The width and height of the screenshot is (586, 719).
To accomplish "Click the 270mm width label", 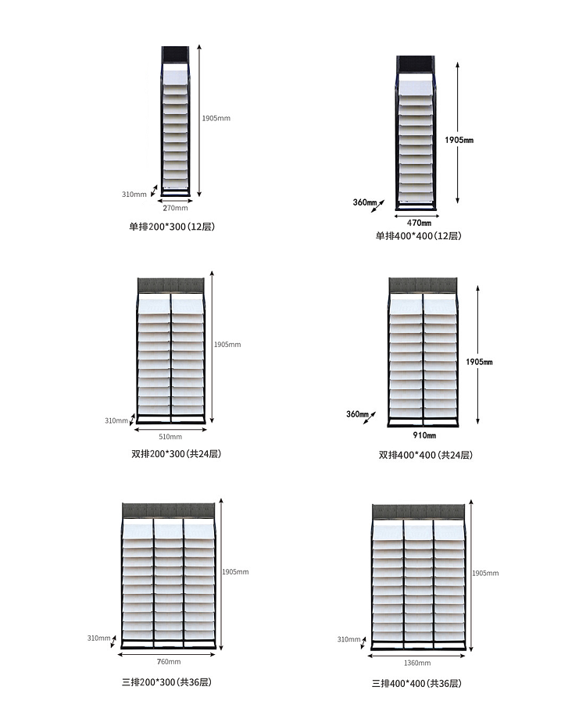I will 175,208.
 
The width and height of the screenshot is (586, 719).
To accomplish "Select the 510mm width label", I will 170,436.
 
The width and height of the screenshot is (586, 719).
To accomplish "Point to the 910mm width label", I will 425,435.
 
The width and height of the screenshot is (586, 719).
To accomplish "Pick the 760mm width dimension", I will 170,661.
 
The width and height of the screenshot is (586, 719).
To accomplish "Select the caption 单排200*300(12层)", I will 172,227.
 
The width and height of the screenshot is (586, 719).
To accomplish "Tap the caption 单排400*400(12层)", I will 418,236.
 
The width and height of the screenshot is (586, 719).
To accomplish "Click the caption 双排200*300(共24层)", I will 177,454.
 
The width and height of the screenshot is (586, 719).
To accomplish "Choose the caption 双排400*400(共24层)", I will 425,455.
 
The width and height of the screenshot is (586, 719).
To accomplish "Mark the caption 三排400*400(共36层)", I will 416,683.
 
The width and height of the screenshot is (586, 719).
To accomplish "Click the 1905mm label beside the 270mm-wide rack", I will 216,118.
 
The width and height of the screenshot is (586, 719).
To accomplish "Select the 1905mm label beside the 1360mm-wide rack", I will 485,573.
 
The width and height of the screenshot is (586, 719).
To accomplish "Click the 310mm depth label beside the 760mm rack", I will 98,639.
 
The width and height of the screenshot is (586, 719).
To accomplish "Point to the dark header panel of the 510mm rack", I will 170,285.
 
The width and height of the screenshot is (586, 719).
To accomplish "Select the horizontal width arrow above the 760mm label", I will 170,653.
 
